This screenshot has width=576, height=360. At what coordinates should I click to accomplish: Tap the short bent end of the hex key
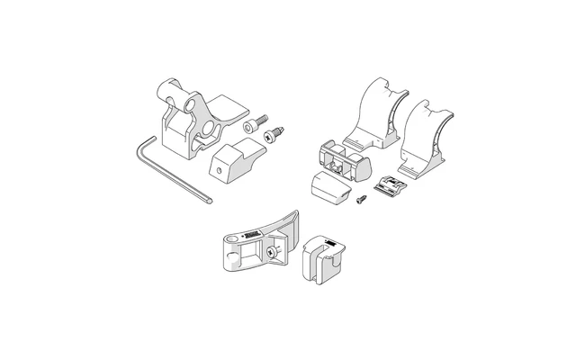[x=145, y=143]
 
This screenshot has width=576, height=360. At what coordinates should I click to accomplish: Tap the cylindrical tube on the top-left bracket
[x=174, y=93]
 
